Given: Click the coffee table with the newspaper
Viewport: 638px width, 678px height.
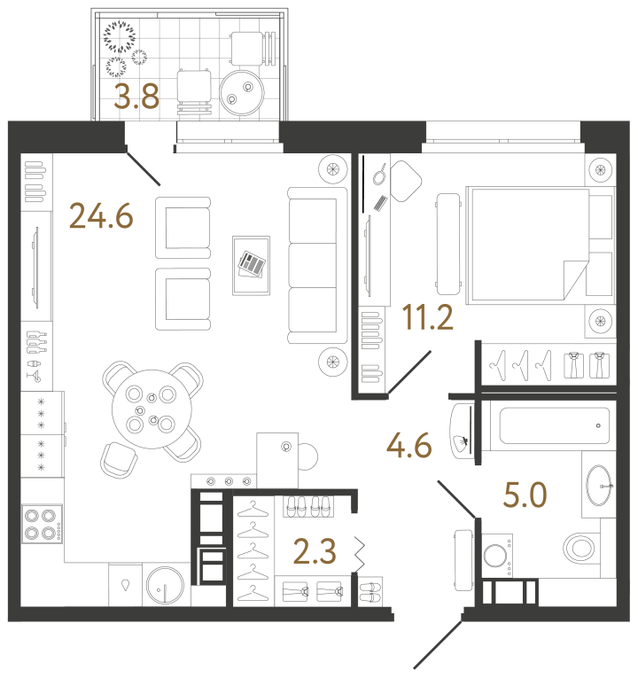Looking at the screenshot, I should click(253, 263).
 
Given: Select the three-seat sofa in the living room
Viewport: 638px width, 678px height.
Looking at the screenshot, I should click(315, 266).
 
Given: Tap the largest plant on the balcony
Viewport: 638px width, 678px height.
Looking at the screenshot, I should click(119, 37).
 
